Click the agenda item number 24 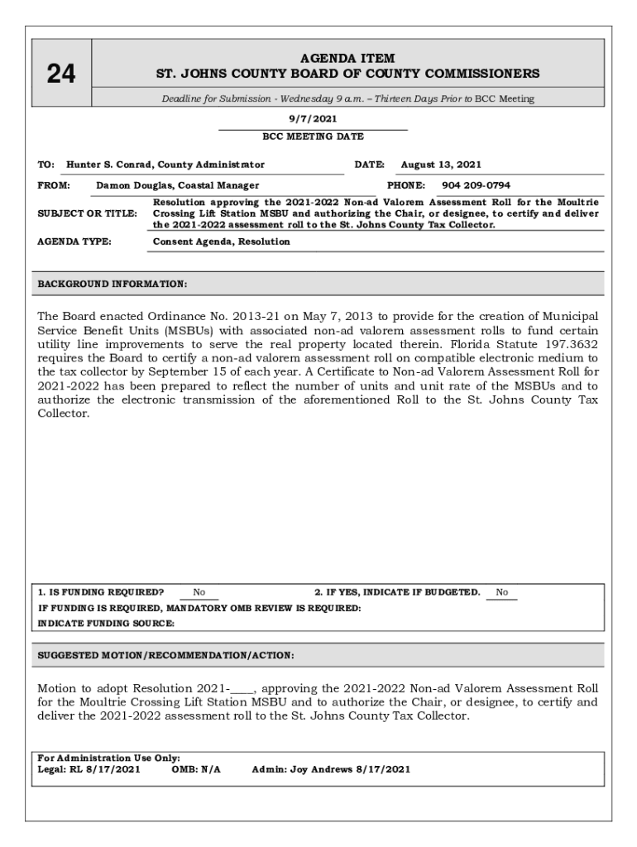60,74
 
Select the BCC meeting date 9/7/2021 313,119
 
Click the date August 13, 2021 441,165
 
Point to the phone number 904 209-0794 476,185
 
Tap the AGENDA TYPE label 75,242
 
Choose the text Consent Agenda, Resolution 222,242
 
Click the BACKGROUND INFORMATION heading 113,285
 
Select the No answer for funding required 199,592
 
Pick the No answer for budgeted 502,592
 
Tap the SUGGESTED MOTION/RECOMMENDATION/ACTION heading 165,656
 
